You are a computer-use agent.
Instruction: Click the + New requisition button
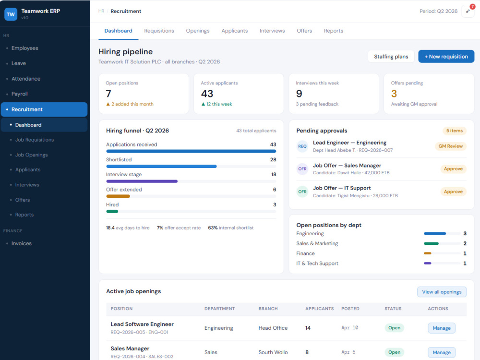click(x=446, y=57)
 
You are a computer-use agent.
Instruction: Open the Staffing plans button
click(x=391, y=57)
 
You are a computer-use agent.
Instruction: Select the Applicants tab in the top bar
click(x=235, y=31)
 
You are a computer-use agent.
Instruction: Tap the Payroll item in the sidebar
click(x=20, y=94)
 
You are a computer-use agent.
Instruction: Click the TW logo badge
click(x=11, y=14)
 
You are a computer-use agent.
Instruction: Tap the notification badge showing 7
click(x=472, y=7)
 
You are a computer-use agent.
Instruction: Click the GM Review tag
click(x=450, y=146)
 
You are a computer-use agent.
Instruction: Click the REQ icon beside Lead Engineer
click(x=302, y=146)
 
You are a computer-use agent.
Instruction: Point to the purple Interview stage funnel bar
click(x=142, y=181)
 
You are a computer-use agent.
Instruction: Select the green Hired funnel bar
click(x=112, y=212)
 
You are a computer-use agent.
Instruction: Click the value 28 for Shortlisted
click(x=273, y=159)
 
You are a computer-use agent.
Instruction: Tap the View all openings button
click(x=442, y=292)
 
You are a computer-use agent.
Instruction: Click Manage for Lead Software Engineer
click(x=442, y=328)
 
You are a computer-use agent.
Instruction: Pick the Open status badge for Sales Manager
click(x=394, y=352)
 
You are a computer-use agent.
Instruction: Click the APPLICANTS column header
click(x=319, y=309)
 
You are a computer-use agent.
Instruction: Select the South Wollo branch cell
click(x=273, y=352)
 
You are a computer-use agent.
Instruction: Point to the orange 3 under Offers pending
click(x=394, y=94)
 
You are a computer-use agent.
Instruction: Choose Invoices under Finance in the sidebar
click(x=22, y=244)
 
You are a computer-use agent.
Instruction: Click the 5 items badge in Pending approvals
click(x=454, y=131)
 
